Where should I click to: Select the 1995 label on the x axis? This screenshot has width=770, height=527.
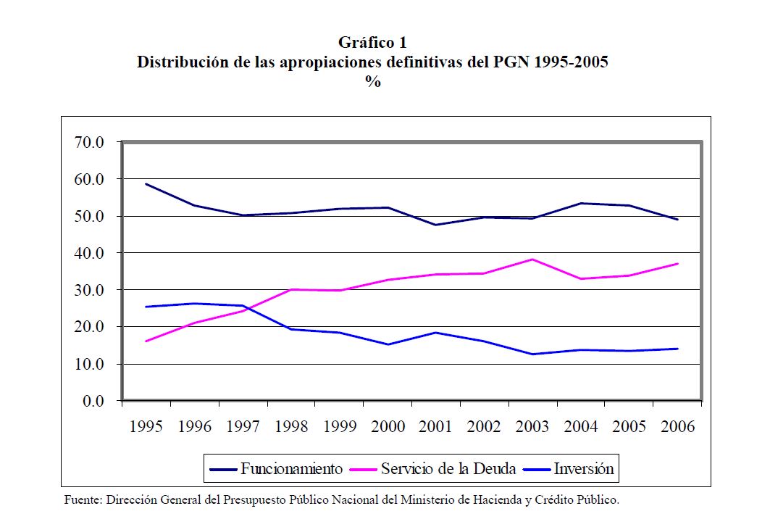click(146, 426)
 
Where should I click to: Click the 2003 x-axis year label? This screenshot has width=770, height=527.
click(532, 426)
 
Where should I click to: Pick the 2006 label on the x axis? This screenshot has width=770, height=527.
click(677, 426)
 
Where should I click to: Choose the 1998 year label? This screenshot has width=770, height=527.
click(291, 426)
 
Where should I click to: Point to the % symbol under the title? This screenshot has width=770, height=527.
click(373, 81)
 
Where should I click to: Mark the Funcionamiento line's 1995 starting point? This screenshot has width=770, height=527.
click(146, 183)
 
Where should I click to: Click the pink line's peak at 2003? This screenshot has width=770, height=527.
click(532, 260)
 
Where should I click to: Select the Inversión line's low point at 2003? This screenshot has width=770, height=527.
click(532, 354)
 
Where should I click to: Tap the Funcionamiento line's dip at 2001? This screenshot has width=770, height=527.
click(436, 225)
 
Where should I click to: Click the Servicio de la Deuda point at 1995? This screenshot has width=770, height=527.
click(146, 341)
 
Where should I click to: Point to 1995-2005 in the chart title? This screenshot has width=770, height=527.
click(571, 62)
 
